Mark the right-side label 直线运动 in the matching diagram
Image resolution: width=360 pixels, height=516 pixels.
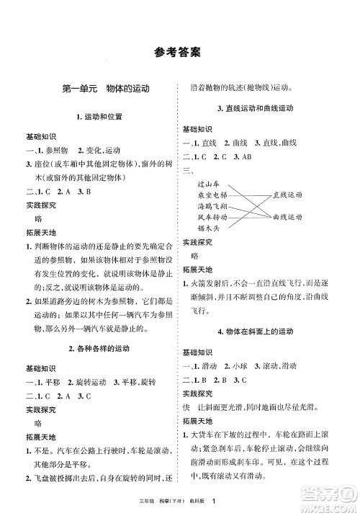pyautogui.click(x=288, y=195)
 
